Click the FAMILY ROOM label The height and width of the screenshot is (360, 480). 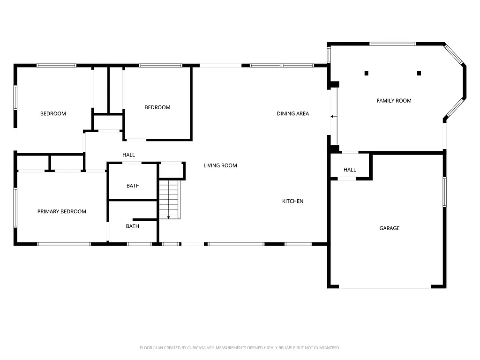pyautogui.click(x=394, y=101)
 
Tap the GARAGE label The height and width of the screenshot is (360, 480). pyautogui.click(x=389, y=228)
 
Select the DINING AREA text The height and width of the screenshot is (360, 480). pyautogui.click(x=292, y=113)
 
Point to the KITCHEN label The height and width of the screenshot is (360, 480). pyautogui.click(x=292, y=201)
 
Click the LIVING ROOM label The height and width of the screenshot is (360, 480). pyautogui.click(x=220, y=165)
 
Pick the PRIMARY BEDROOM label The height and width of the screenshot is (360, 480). pyautogui.click(x=61, y=211)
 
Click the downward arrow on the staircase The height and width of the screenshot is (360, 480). pyautogui.click(x=169, y=217)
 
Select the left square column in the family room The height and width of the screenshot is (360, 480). pyautogui.click(x=366, y=73)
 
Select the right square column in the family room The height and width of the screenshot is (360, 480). pyautogui.click(x=419, y=73)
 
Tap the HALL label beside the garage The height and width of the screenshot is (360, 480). pyautogui.click(x=350, y=170)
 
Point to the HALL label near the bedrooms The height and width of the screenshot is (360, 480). pyautogui.click(x=128, y=155)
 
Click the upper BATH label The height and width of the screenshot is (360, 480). pyautogui.click(x=133, y=186)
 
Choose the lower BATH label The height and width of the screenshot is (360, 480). pyautogui.click(x=132, y=226)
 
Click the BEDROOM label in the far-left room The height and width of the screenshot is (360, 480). pyautogui.click(x=53, y=113)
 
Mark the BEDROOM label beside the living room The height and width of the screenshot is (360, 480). pyautogui.click(x=157, y=107)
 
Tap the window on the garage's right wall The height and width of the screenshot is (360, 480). pyautogui.click(x=444, y=191)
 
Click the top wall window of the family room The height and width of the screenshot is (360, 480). pyautogui.click(x=392, y=44)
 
